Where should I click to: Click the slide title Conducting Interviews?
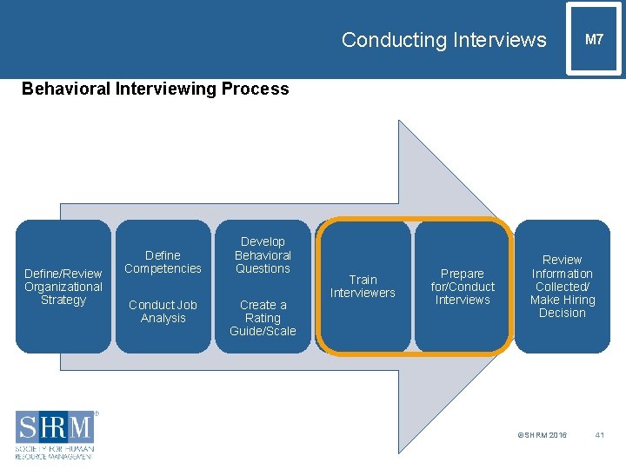[x=443, y=40]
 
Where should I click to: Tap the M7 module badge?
[x=594, y=40]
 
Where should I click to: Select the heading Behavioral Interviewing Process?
[x=155, y=89]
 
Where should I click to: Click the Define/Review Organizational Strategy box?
[x=63, y=287]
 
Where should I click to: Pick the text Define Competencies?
[x=163, y=261]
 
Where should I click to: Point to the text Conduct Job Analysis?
[x=163, y=311]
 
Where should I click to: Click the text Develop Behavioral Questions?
[x=263, y=255]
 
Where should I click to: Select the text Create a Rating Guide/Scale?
[x=263, y=318]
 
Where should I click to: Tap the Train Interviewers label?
[x=363, y=286]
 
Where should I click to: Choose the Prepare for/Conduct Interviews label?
[x=463, y=287]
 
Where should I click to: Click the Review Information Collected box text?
[x=563, y=287]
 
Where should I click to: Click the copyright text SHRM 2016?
[x=542, y=435]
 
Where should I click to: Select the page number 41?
[x=599, y=435]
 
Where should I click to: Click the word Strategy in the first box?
[x=63, y=301]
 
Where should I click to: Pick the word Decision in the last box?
[x=563, y=314]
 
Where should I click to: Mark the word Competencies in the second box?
[x=163, y=268]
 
